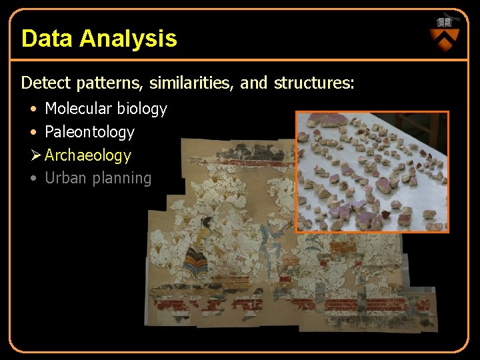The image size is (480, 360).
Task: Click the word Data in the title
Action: (47, 39)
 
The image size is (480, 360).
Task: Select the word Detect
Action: (46, 83)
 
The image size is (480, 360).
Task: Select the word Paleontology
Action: (89, 132)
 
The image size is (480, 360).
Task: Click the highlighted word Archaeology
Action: (88, 155)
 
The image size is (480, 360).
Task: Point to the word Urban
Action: (63, 178)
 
